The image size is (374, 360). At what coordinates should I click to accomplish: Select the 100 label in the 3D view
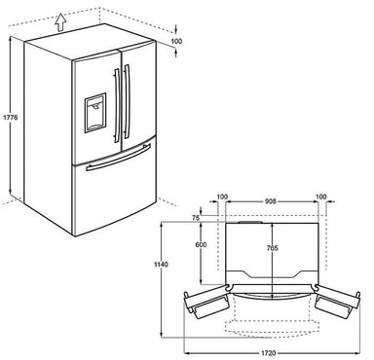pos(175,43)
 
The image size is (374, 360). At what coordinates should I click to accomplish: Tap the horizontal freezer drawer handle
pos(117,159)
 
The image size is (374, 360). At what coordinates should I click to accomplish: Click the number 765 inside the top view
pos(273,247)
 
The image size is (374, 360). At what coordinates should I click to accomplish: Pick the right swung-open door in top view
pos(334,304)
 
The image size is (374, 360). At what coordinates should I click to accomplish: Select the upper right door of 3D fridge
pos(141,88)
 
